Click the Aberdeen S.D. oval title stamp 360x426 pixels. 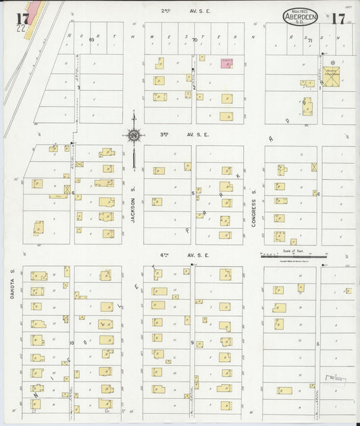[x=301, y=17]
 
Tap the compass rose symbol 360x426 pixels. [x=134, y=135]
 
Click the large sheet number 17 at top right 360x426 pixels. [x=337, y=18]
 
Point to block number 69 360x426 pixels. [x=91, y=40]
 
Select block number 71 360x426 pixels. [x=309, y=41]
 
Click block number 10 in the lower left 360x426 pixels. [x=71, y=343]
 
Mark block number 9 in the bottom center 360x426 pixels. [x=192, y=343]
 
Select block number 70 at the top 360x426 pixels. [x=195, y=40]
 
